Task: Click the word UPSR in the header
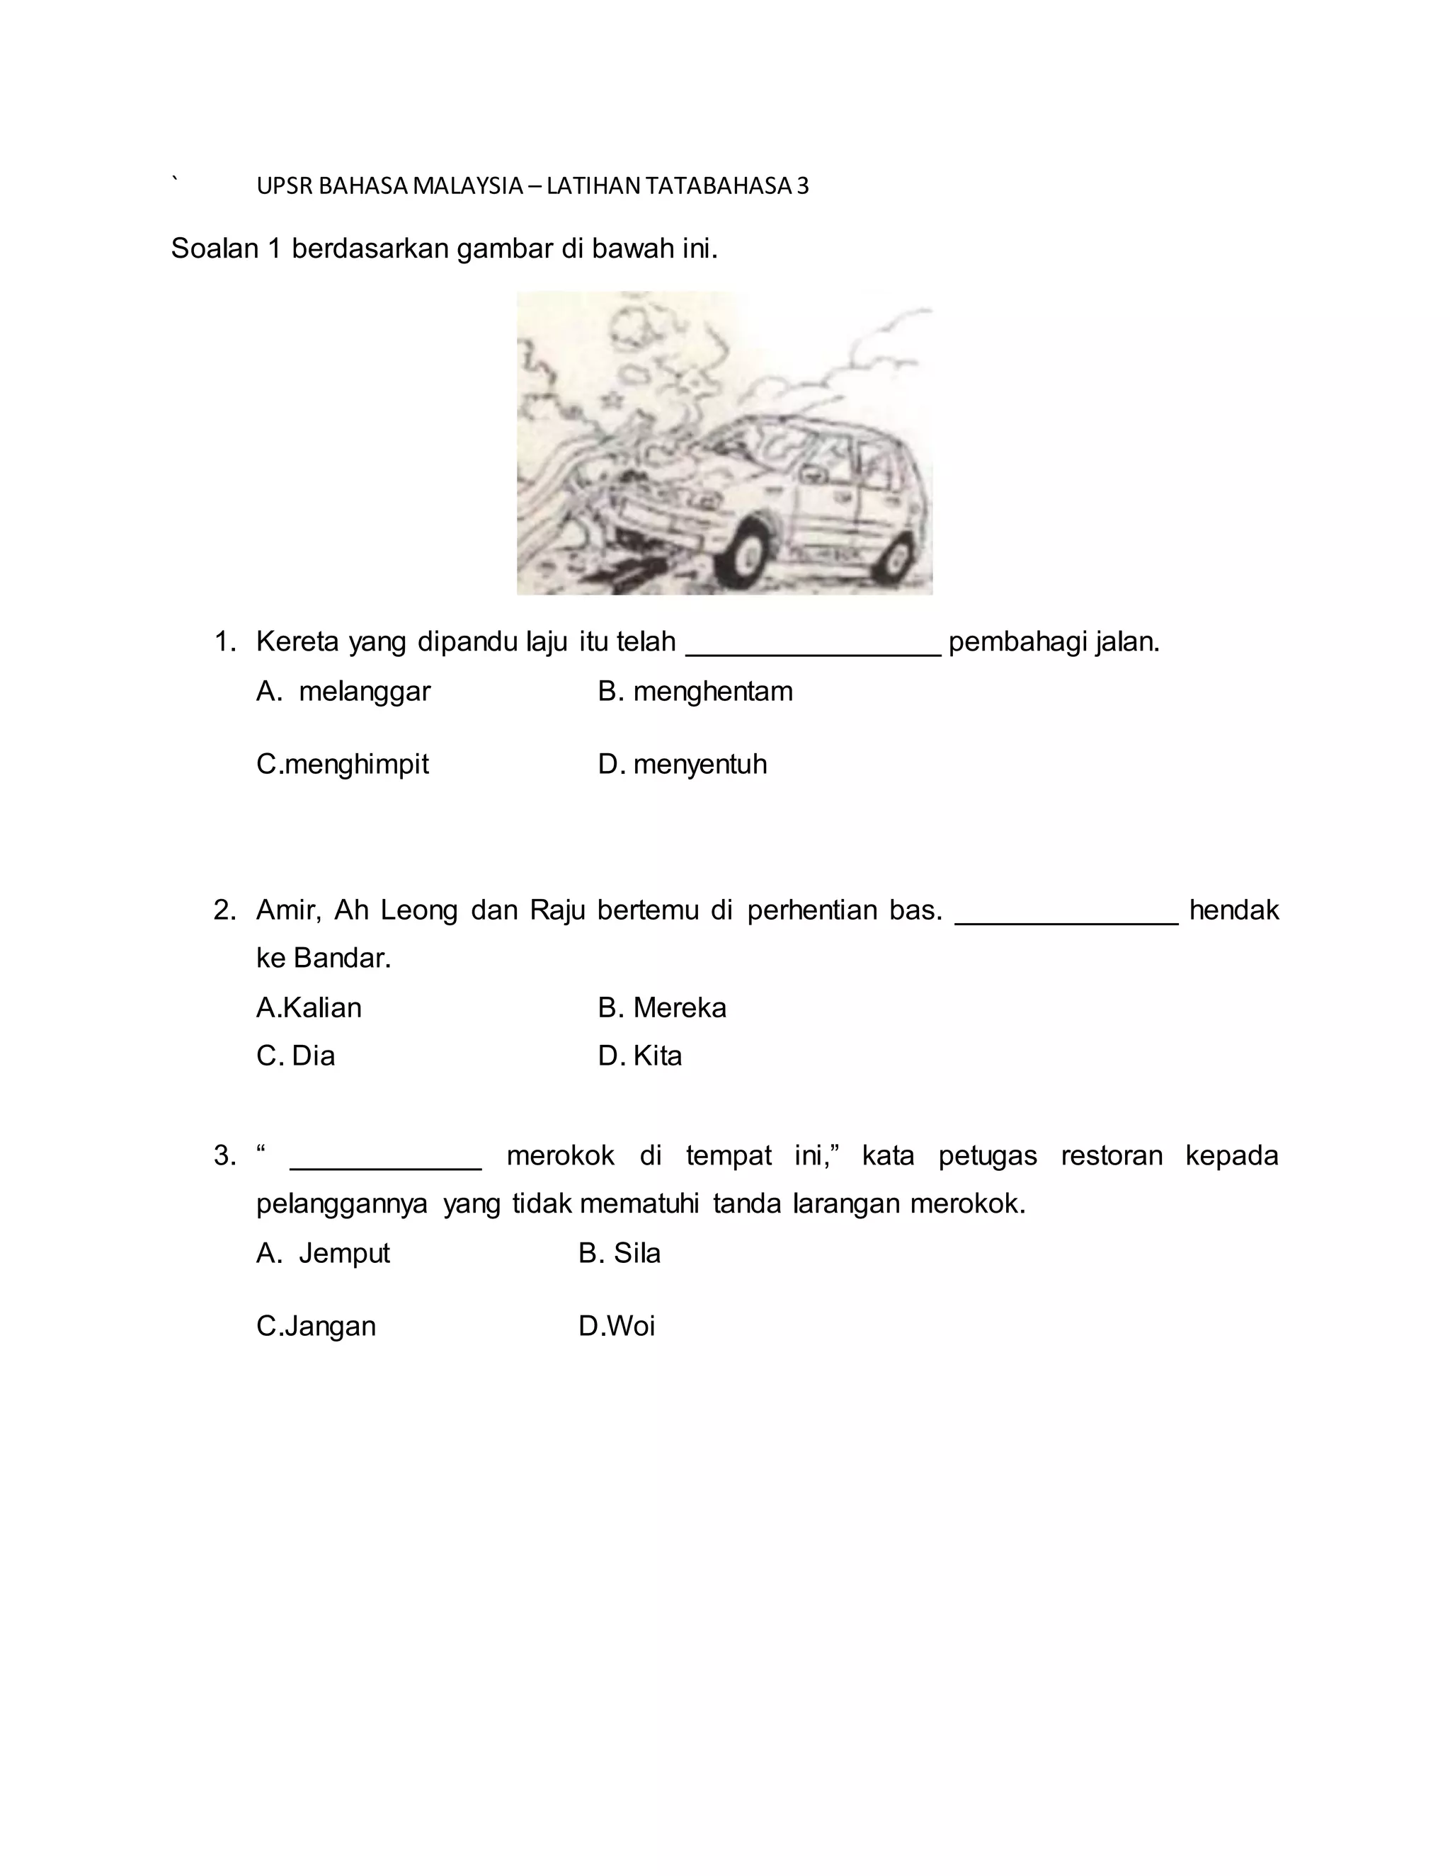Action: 285,186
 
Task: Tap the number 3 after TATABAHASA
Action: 802,186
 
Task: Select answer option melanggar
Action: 363,692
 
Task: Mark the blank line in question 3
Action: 387,1166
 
